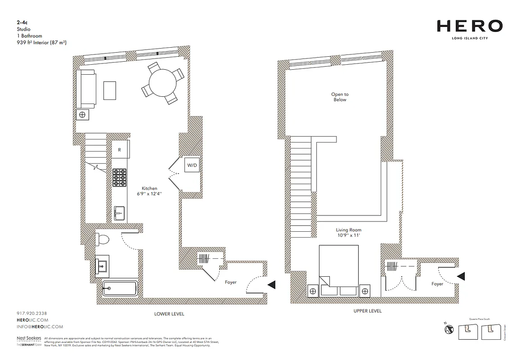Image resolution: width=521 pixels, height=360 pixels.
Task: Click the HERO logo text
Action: click(x=469, y=27)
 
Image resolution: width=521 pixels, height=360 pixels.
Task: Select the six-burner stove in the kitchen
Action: click(x=120, y=177)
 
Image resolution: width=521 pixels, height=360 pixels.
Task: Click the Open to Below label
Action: click(x=340, y=97)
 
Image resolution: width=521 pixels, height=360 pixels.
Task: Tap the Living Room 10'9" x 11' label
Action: click(x=349, y=233)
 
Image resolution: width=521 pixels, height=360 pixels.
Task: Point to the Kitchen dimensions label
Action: click(x=149, y=191)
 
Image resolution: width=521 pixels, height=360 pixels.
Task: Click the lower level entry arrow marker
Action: click(x=271, y=284)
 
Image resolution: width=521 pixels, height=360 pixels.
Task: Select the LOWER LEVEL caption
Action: click(x=169, y=314)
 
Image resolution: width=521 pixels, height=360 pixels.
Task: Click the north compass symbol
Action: click(x=448, y=329)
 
